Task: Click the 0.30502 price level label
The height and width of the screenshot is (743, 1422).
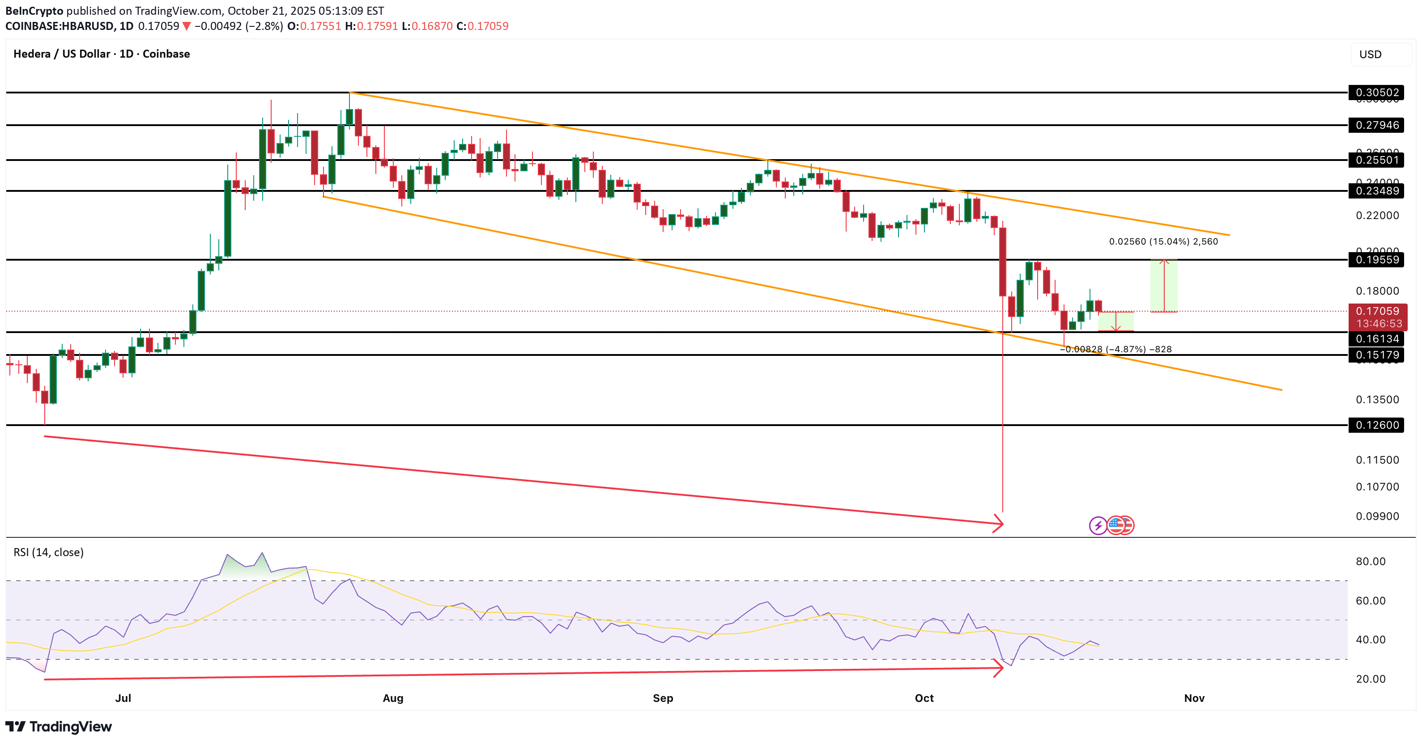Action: click(x=1377, y=92)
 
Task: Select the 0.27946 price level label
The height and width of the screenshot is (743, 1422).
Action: click(x=1377, y=125)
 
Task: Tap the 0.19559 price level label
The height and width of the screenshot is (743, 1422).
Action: click(x=1377, y=260)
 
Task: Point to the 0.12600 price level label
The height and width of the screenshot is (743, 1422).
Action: click(x=1377, y=425)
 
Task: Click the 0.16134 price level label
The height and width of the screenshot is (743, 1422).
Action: click(x=1377, y=339)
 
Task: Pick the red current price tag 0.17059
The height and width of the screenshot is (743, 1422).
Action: click(x=1377, y=312)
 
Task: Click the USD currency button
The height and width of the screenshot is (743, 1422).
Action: click(x=1370, y=54)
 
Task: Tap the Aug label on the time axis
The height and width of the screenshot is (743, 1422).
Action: click(x=393, y=698)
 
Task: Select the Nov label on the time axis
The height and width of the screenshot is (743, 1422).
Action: click(x=1194, y=698)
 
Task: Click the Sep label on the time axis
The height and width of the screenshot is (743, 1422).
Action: click(x=663, y=698)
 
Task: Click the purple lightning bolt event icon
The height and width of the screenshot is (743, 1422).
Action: click(x=1098, y=526)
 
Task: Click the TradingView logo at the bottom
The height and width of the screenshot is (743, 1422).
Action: click(x=59, y=726)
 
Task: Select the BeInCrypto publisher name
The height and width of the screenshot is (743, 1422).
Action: click(x=34, y=10)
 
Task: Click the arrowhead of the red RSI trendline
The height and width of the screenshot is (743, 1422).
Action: click(x=1000, y=668)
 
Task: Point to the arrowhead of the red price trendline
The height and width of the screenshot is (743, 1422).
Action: click(x=1000, y=523)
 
